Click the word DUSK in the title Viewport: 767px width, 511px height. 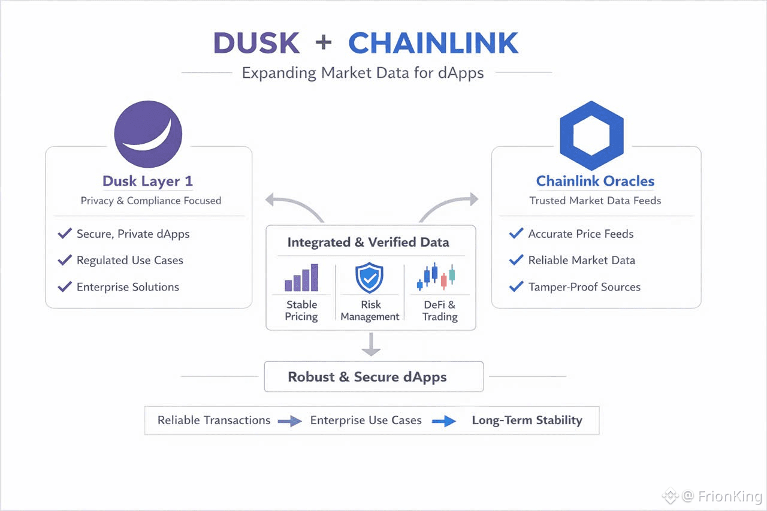256,43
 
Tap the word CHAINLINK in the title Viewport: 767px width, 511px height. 433,43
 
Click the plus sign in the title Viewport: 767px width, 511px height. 324,43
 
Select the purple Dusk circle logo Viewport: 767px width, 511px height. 148,134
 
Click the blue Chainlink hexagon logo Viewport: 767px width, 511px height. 591,135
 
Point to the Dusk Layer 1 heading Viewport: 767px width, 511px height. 147,181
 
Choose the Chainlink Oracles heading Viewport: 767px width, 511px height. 595,181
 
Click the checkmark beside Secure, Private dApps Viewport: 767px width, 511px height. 65,234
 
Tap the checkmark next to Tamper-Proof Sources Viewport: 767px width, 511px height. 516,286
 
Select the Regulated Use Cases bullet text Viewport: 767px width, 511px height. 130,261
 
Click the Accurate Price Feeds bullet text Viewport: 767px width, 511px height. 581,234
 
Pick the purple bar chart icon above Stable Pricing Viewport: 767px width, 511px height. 301,277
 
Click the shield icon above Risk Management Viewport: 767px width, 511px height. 370,278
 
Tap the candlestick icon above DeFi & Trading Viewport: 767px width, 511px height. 436,277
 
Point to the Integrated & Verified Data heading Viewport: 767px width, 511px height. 368,243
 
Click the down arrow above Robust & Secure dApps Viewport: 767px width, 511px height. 371,344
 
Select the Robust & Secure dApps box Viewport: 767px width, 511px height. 374,376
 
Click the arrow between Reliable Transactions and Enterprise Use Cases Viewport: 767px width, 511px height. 289,421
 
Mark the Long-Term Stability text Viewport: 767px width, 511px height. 527,421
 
